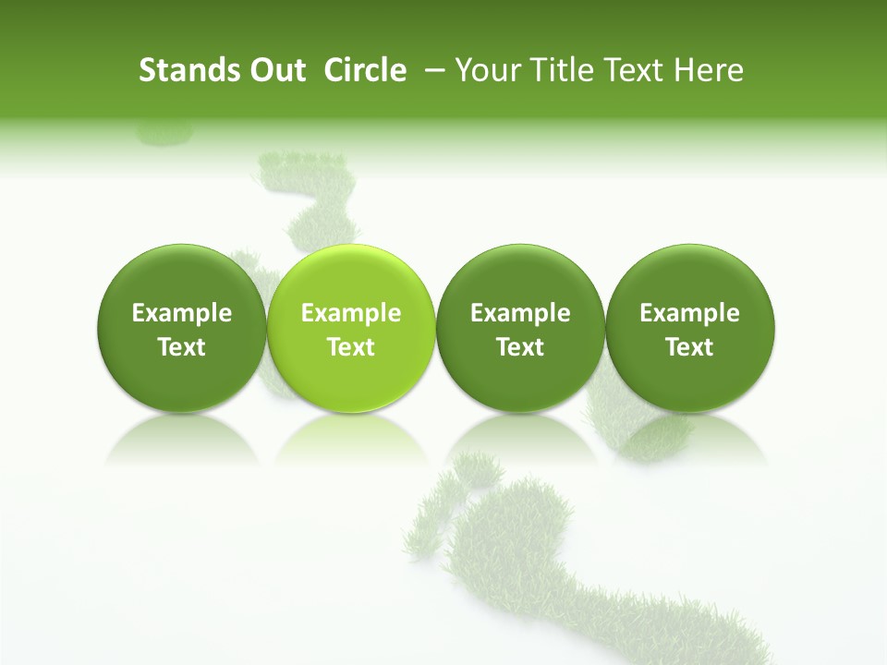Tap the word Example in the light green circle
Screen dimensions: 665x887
[x=351, y=313]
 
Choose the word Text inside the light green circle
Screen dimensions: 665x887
[x=351, y=347]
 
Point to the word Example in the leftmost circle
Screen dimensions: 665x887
[x=181, y=313]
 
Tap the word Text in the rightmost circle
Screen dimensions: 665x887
[x=690, y=347]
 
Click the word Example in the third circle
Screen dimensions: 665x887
[x=520, y=313]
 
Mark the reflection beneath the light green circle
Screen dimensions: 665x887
[x=351, y=439]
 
